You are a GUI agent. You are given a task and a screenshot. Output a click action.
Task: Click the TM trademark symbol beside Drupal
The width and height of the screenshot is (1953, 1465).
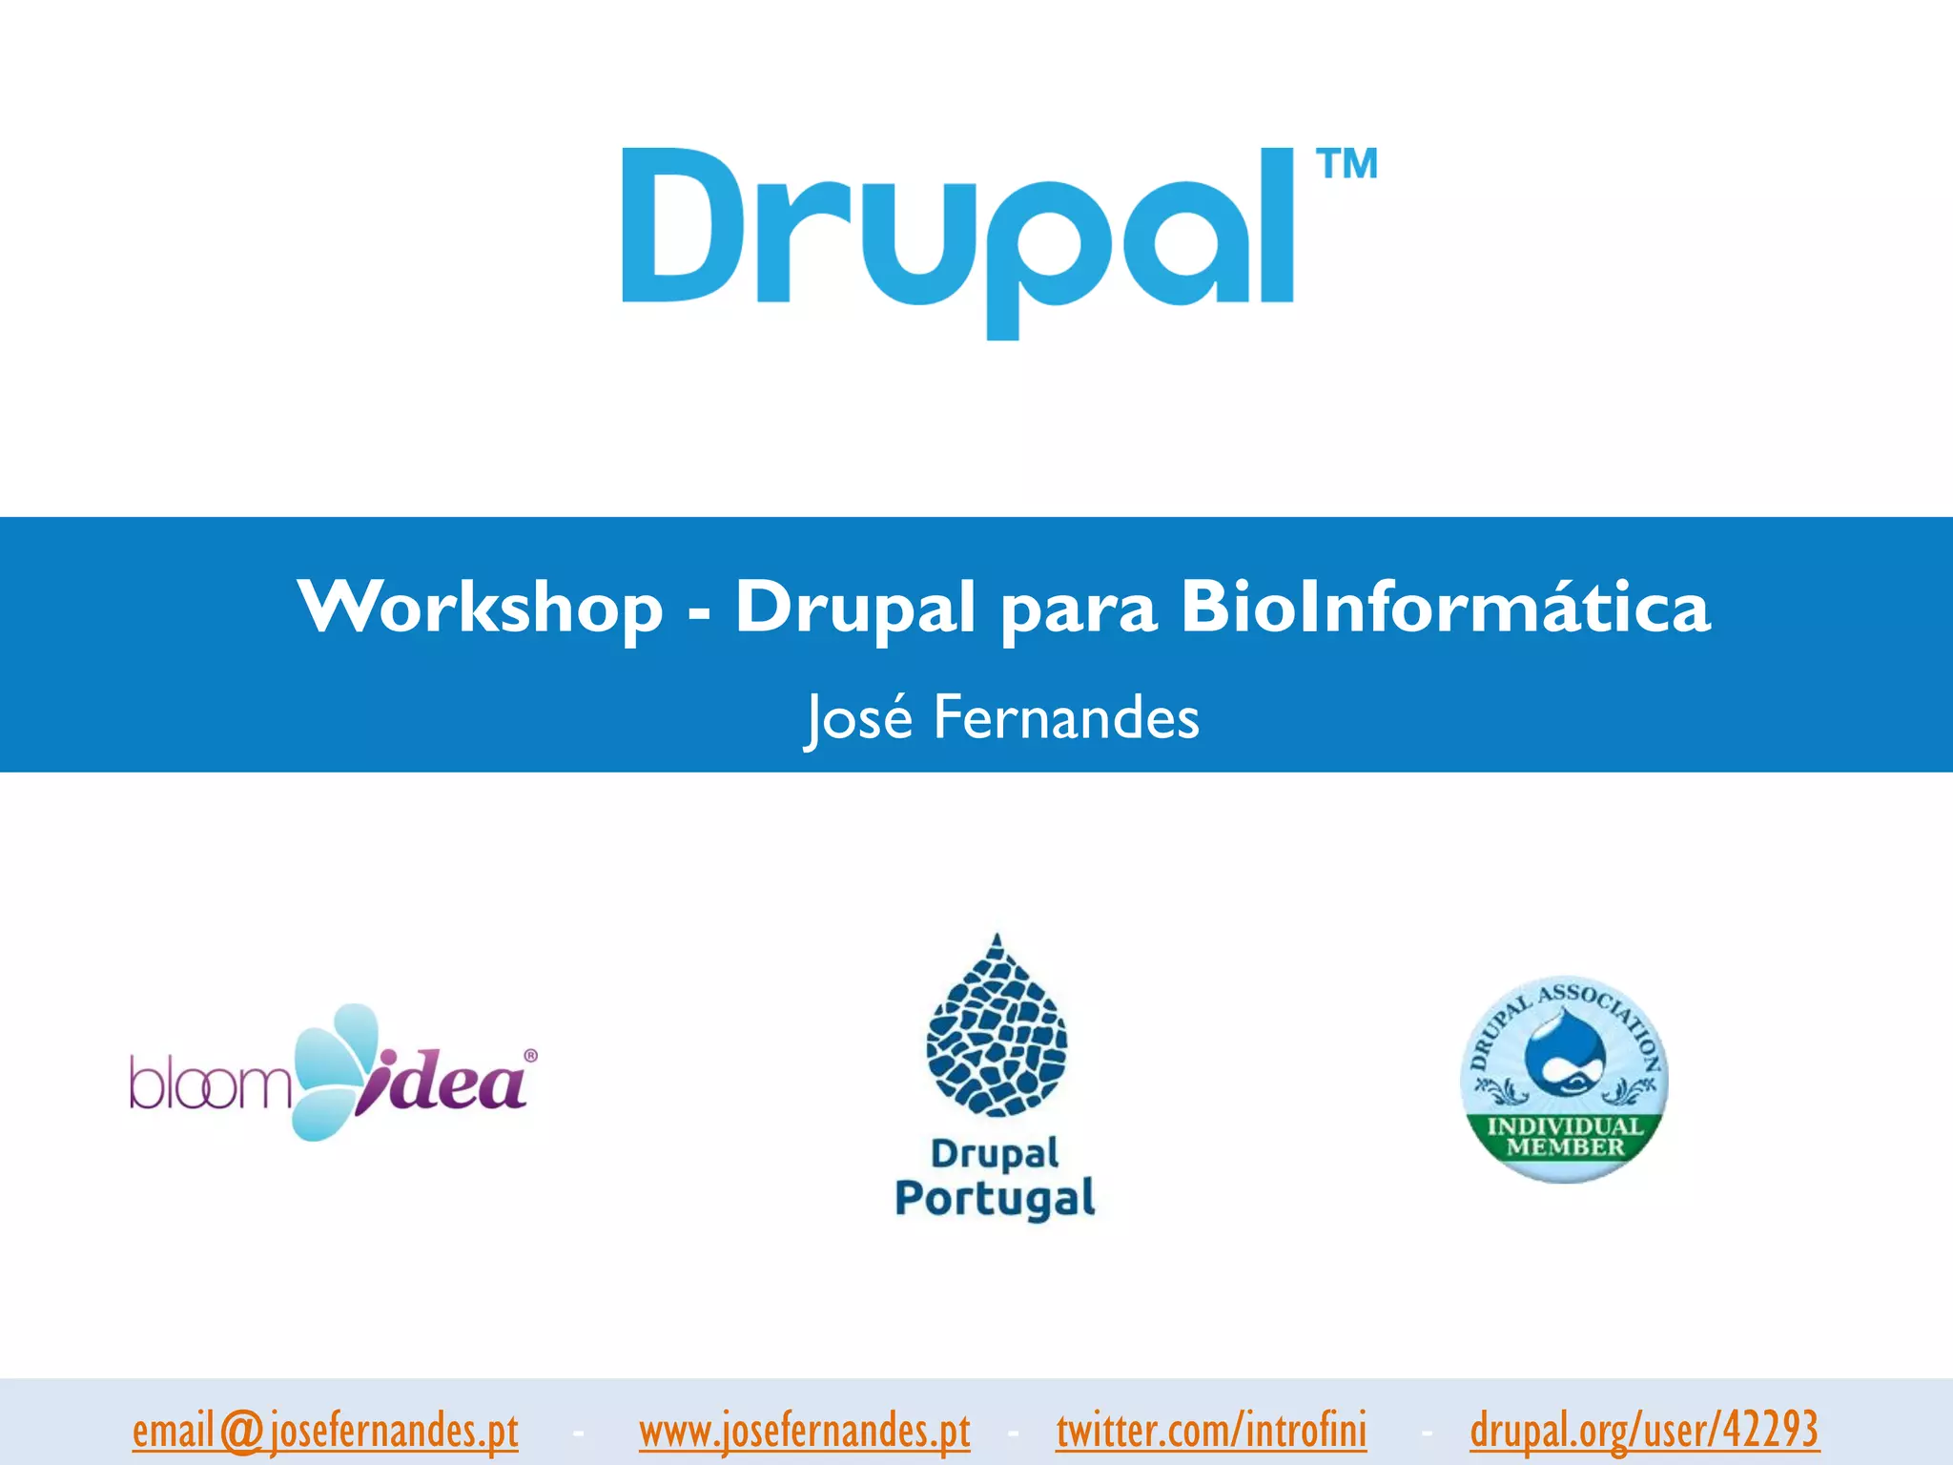(1347, 164)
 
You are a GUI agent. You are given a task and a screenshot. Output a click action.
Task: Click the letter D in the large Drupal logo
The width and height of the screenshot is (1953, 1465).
(677, 225)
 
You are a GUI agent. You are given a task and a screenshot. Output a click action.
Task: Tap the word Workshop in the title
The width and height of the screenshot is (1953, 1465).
(480, 608)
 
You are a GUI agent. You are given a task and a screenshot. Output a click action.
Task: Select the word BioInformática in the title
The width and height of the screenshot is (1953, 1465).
(1445, 608)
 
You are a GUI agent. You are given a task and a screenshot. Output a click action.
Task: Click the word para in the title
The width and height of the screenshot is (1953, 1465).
(1079, 610)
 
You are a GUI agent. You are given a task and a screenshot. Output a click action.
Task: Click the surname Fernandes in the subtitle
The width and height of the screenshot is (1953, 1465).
(1065, 717)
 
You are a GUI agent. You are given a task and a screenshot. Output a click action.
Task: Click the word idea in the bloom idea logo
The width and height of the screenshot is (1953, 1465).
(444, 1084)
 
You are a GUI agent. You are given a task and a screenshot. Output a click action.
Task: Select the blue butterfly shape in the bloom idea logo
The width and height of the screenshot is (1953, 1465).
(329, 1068)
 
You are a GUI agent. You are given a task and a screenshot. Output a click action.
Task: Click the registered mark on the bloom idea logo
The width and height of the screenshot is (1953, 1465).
(530, 1056)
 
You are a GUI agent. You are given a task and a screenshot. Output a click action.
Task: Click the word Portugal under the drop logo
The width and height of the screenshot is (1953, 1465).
(995, 1198)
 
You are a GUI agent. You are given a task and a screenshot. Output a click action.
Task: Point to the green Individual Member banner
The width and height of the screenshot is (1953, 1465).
(1565, 1137)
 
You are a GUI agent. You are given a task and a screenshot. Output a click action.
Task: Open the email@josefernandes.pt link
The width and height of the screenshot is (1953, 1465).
(325, 1431)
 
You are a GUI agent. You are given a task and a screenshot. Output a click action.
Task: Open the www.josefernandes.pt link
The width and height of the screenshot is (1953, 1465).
(804, 1431)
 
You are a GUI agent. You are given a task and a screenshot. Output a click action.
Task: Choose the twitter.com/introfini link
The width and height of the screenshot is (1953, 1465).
(1211, 1431)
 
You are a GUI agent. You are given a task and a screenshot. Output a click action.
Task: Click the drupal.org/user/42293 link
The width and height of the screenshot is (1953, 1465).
(1644, 1431)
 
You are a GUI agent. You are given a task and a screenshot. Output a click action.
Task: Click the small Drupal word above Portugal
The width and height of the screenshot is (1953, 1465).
(995, 1153)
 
